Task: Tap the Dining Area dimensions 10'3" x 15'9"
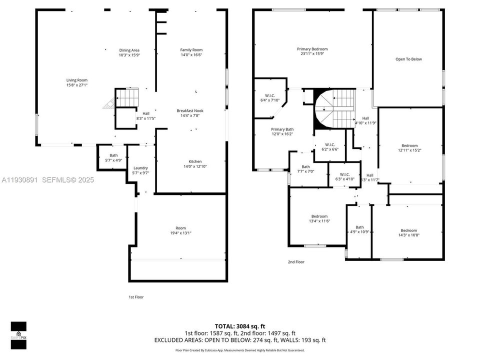point(129,55)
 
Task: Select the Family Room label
point(191,50)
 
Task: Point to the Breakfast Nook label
point(190,110)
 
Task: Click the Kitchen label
point(195,161)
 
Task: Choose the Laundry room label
point(140,168)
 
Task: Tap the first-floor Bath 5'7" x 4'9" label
point(113,155)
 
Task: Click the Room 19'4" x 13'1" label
point(180,228)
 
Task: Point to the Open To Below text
point(408,59)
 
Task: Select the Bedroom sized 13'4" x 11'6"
point(319,216)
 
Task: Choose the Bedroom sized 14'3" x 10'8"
point(407,230)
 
